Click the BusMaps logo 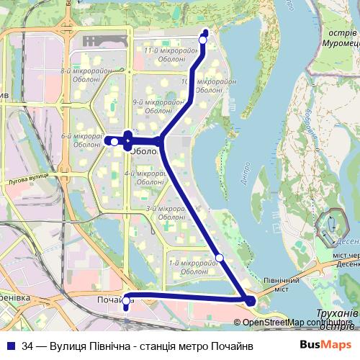pos(325,345)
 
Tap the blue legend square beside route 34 pos(11,346)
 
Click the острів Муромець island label pos(331,39)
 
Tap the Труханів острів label pos(337,318)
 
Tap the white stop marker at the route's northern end pos(203,40)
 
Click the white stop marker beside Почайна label pos(127,302)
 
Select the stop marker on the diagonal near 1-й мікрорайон pos(220,258)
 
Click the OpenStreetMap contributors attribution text pos(292,322)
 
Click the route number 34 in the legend pos(27,346)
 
